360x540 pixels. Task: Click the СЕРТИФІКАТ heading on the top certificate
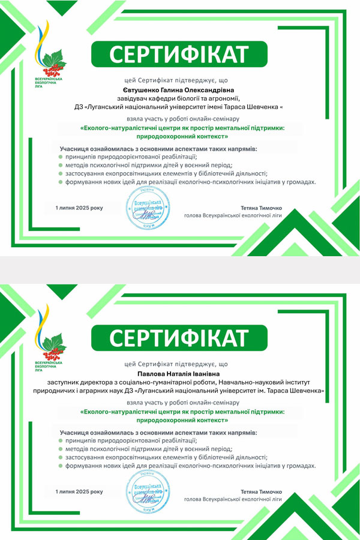(179, 55)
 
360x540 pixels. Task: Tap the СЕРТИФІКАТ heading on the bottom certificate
(179, 338)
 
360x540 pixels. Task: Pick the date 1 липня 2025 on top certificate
(79, 208)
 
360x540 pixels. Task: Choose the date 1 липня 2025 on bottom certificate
(79, 491)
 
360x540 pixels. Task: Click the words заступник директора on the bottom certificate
(77, 382)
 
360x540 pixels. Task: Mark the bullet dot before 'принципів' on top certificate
(61, 156)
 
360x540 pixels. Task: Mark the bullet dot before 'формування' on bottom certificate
(61, 466)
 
